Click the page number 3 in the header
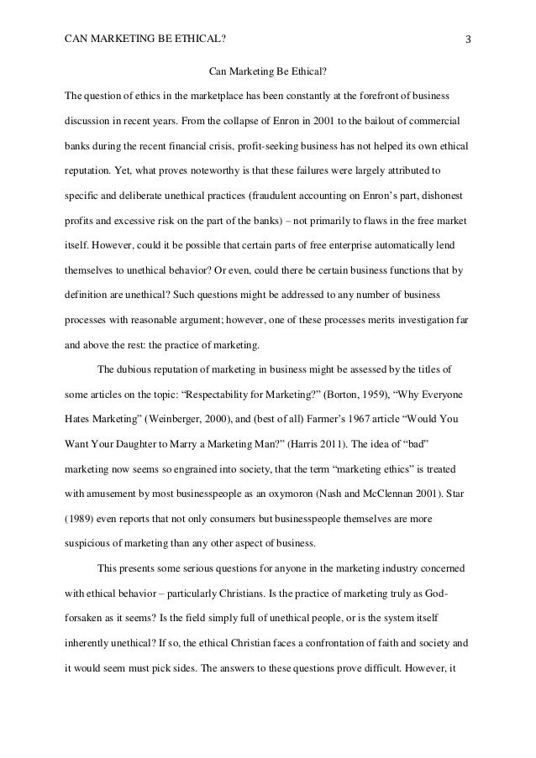pyautogui.click(x=467, y=38)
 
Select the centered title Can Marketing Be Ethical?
pyautogui.click(x=267, y=70)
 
